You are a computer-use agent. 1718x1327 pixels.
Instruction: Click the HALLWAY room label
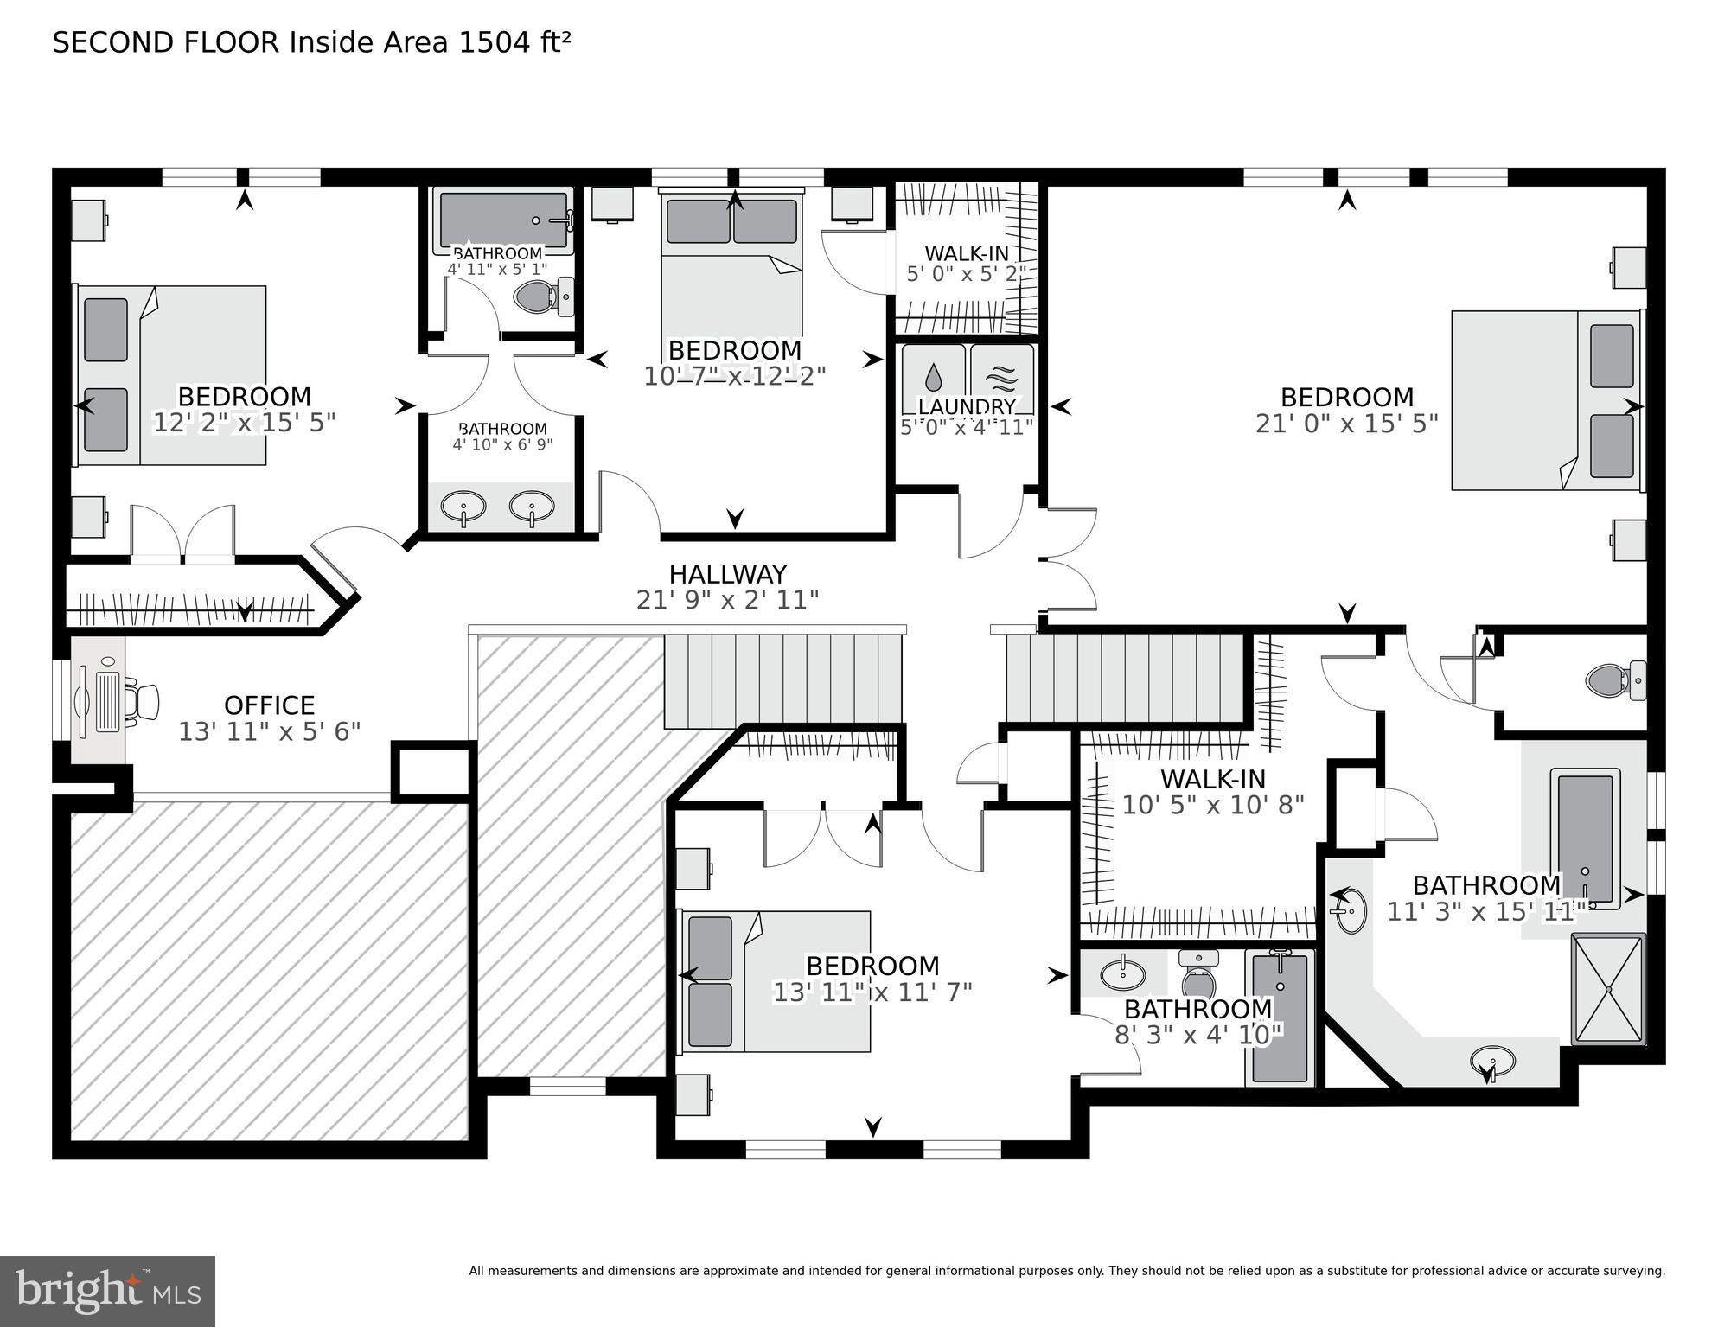point(727,575)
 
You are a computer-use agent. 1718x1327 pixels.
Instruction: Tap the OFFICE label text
point(269,705)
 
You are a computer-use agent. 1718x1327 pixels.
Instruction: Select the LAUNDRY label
point(967,406)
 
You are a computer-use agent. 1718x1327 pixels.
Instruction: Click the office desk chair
point(144,701)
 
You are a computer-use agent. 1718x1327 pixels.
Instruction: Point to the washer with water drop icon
point(933,377)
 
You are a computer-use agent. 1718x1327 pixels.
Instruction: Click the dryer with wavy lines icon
point(1002,377)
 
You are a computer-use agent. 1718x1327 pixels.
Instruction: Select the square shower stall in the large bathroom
point(1608,989)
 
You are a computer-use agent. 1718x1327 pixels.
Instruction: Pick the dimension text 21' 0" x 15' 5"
point(1346,424)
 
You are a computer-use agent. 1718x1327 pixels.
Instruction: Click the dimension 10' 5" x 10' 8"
point(1212,806)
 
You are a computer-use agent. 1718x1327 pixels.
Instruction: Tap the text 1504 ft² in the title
point(514,43)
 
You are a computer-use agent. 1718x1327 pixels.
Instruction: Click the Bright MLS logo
point(107,1291)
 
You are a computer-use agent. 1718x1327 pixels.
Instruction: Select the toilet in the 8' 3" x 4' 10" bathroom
point(1198,977)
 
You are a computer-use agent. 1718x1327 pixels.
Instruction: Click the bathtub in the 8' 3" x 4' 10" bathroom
point(1280,1018)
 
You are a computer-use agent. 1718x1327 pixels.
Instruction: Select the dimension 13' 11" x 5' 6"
point(269,732)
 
